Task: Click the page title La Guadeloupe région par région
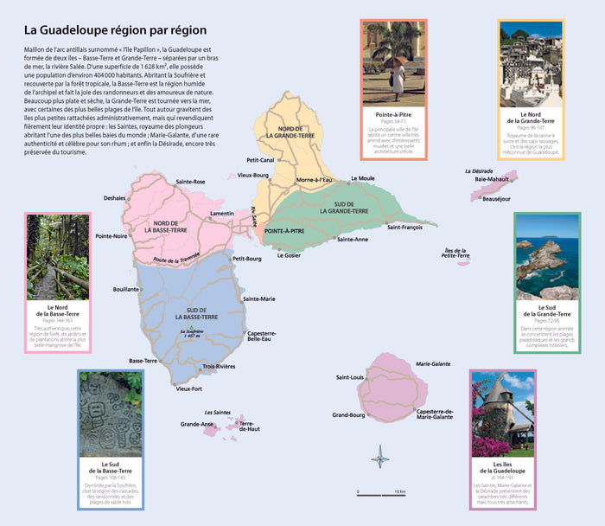[114, 31]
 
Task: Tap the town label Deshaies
[115, 198]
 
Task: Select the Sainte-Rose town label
[190, 182]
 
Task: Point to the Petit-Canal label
[260, 160]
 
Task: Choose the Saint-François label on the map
[404, 227]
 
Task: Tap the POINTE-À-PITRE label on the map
[284, 232]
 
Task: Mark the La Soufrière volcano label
[191, 334]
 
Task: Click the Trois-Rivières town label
[219, 367]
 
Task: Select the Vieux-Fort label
[188, 388]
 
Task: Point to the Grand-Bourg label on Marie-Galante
[349, 415]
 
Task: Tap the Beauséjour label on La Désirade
[496, 198]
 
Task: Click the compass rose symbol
[379, 455]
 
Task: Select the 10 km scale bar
[381, 494]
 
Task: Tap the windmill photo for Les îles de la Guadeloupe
[502, 414]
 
